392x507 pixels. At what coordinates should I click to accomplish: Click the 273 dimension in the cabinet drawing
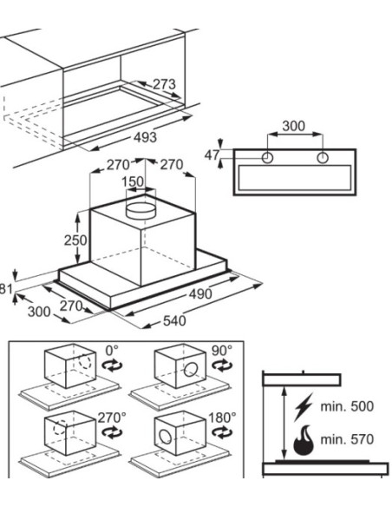click(164, 84)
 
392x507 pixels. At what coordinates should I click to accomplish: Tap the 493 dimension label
click(146, 137)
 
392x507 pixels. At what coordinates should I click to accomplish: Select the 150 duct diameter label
click(133, 181)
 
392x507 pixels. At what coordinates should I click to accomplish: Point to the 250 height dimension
click(75, 240)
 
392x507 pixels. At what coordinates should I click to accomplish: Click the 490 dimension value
click(200, 294)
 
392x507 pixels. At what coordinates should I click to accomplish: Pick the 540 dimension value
click(174, 320)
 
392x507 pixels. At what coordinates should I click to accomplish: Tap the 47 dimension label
click(212, 155)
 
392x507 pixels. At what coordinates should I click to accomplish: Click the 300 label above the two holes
click(293, 126)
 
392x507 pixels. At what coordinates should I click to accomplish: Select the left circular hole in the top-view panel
click(267, 158)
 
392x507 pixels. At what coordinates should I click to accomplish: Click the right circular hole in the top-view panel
click(323, 158)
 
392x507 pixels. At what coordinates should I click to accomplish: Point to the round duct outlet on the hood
click(140, 210)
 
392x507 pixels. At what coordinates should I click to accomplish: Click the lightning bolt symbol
click(304, 407)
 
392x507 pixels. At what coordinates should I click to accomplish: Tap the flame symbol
click(304, 440)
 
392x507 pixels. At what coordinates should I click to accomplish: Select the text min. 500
click(347, 406)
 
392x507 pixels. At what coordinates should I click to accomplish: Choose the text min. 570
click(347, 439)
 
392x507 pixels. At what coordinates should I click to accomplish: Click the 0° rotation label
click(112, 350)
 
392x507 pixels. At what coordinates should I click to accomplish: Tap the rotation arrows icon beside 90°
click(222, 365)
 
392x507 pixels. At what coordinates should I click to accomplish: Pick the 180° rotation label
click(222, 418)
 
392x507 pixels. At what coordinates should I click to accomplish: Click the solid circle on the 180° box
click(166, 436)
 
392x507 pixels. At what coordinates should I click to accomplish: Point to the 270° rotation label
click(112, 418)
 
